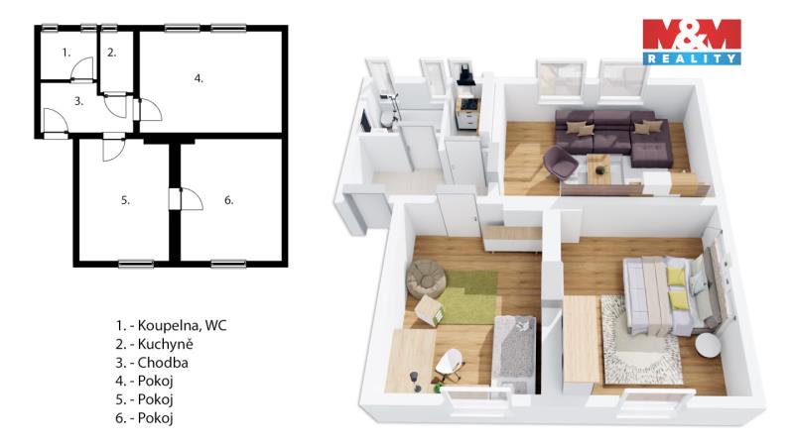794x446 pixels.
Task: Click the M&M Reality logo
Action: (692, 42)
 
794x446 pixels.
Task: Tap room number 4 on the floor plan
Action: (198, 78)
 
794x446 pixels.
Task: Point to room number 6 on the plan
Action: (229, 200)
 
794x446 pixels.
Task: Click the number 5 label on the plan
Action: (125, 200)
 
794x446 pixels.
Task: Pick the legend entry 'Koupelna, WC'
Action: (183, 325)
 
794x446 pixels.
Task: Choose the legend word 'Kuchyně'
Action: (165, 344)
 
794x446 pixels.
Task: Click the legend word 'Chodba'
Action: (163, 363)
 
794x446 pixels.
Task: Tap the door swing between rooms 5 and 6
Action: (192, 199)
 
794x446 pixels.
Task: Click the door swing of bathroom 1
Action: (82, 68)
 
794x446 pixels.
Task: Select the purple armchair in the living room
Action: (560, 163)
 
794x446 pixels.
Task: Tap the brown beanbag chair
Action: (427, 279)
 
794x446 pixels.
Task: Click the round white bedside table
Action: (708, 346)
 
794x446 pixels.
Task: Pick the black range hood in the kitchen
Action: (465, 76)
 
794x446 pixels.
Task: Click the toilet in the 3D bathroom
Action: (388, 119)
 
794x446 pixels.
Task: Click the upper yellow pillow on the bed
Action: (676, 277)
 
